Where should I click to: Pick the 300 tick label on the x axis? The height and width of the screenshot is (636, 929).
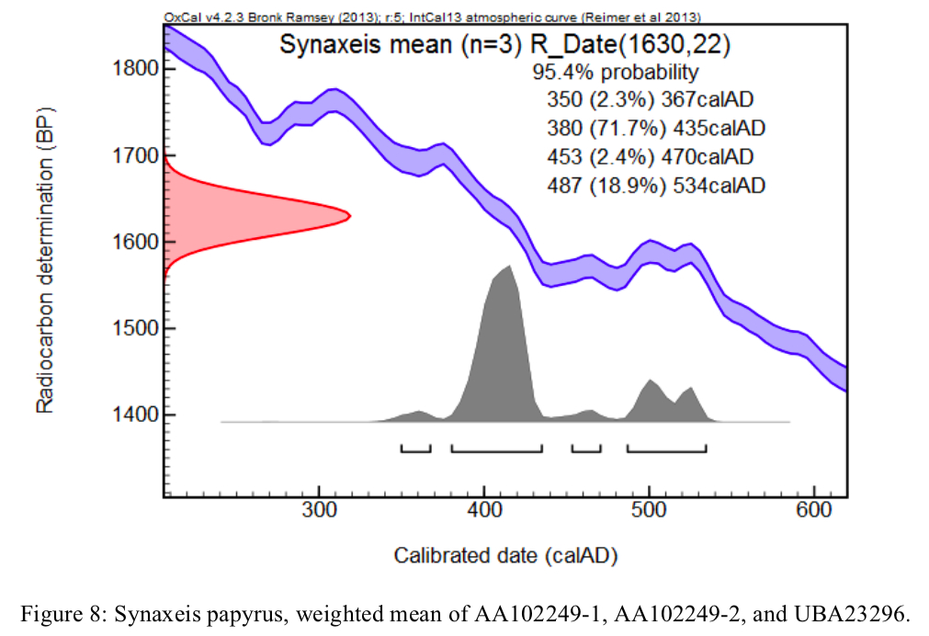pos(319,512)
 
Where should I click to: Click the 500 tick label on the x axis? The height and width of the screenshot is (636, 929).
pos(649,512)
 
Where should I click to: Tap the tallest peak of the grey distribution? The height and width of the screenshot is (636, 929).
pos(508,266)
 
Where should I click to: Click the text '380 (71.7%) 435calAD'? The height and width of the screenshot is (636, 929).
pos(655,129)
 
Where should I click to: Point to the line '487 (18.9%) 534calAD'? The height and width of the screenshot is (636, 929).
pos(655,186)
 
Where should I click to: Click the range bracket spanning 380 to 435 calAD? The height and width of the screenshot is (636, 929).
pos(496,449)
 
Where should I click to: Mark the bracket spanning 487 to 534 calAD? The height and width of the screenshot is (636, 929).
pos(666,449)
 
